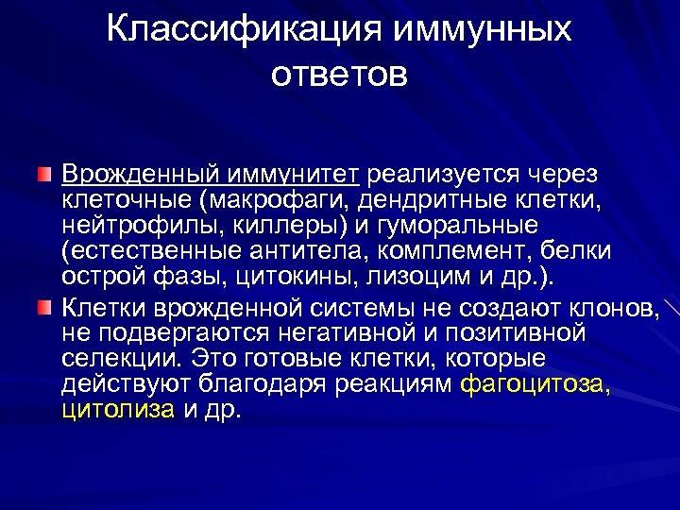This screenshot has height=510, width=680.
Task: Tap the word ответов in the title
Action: click(339, 73)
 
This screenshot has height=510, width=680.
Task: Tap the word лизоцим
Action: click(416, 277)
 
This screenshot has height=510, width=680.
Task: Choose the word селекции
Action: click(118, 359)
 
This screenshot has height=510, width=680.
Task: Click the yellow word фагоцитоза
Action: click(535, 384)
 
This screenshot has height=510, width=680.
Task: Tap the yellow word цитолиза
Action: click(118, 410)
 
